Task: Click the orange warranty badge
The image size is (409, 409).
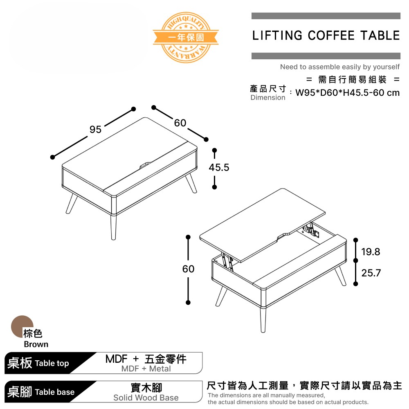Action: coord(186,37)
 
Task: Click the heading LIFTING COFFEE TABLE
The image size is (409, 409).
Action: coord(326,36)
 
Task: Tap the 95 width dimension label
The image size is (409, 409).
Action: coord(95,130)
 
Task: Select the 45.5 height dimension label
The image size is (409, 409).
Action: coord(219,168)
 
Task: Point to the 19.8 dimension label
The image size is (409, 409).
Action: coord(371,252)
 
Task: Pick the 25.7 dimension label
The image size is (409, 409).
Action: coord(371,273)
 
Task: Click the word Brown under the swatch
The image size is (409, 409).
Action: coord(36,344)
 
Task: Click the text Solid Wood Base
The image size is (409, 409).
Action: coord(146,398)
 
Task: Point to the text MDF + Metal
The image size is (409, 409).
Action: coord(146,369)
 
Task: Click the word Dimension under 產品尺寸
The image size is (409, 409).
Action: coord(268,98)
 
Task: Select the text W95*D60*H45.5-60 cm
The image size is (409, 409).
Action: coord(347,93)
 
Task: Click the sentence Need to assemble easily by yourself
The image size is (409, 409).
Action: coord(339,67)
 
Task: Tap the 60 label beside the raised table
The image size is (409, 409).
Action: coord(188,269)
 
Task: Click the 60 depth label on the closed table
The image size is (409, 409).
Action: coord(180,123)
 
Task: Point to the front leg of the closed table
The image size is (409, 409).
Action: coord(113,227)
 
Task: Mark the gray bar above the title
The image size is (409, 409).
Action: coord(326,16)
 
